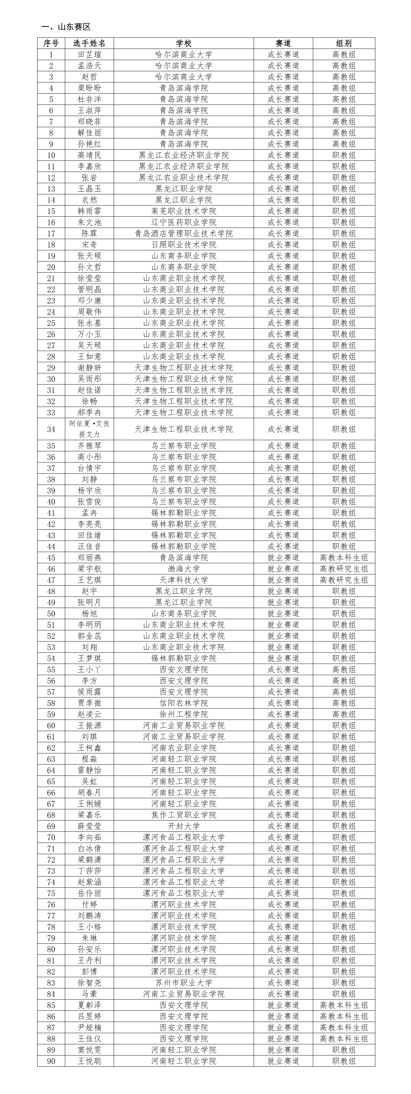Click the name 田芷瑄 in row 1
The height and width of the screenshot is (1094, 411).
89,54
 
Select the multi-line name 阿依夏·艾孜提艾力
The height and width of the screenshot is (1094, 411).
89,429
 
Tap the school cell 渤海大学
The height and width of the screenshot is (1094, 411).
184,569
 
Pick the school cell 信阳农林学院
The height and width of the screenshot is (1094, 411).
184,703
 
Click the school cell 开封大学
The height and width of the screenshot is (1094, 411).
184,826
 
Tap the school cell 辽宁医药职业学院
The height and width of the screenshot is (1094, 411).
184,222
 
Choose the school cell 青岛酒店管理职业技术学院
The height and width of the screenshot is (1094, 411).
184,233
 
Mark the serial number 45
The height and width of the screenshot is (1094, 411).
51,558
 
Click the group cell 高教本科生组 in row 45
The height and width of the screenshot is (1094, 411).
344,558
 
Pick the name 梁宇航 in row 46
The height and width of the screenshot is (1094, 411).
89,569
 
